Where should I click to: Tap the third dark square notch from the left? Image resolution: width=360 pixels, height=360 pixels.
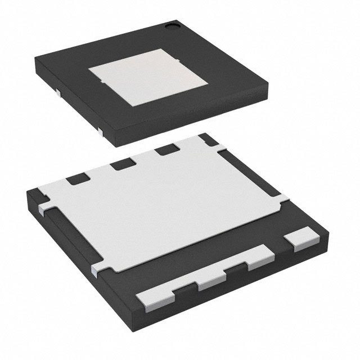point(166,150)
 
